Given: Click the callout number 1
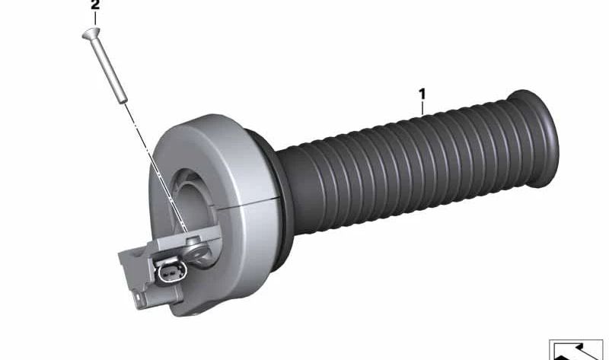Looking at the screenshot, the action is (422, 94).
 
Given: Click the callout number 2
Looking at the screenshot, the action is (94, 5).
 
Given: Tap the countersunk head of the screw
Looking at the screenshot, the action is (91, 33).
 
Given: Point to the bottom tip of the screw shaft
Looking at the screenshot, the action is (123, 101).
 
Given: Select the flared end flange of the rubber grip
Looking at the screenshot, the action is (534, 138).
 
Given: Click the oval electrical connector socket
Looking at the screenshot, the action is (171, 272).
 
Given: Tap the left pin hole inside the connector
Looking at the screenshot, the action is (167, 273).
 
